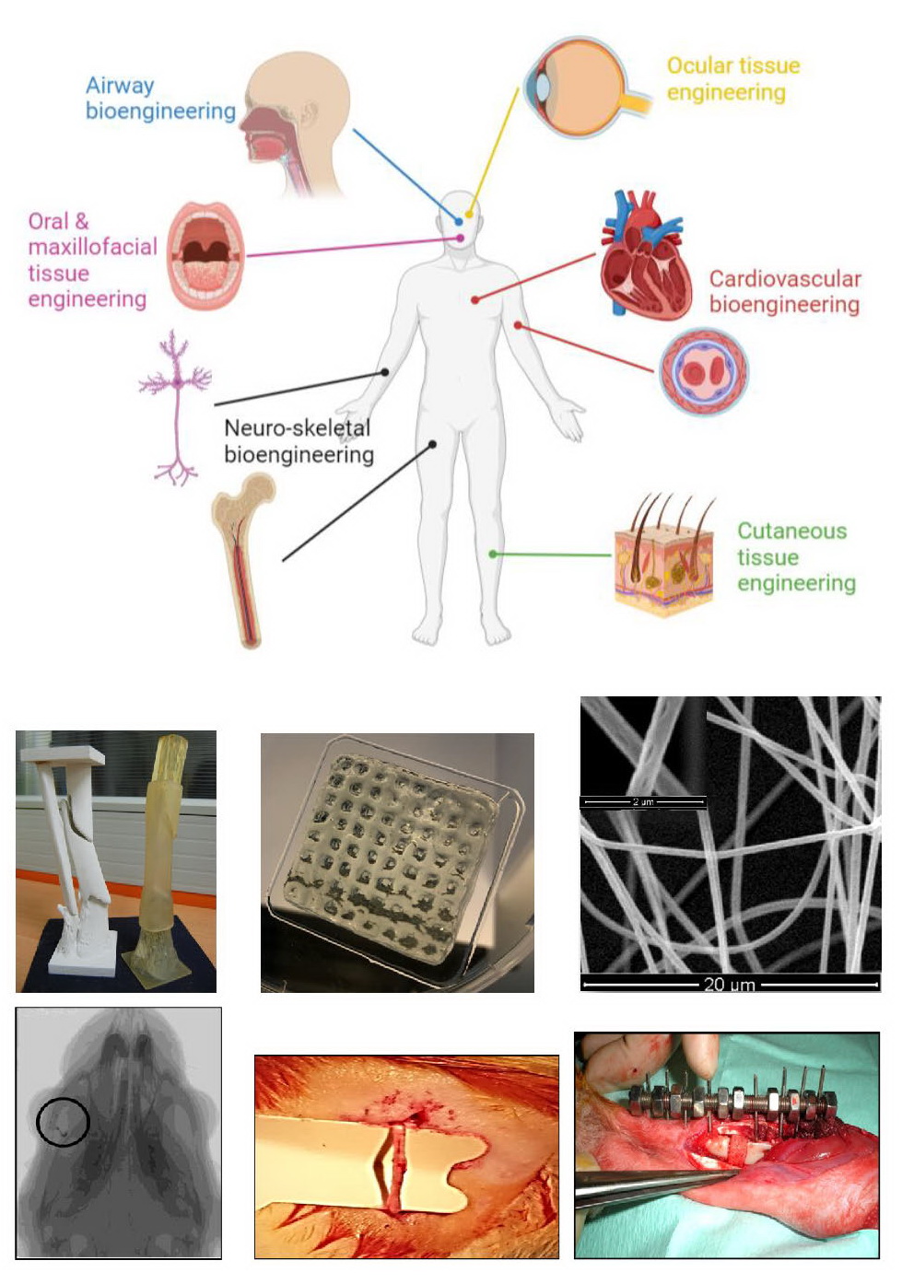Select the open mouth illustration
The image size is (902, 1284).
(x=205, y=255)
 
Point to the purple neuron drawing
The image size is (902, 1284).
(x=175, y=405)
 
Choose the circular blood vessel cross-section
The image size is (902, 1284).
(x=704, y=371)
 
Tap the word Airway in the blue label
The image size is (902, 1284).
(x=120, y=86)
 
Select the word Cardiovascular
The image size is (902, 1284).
(x=785, y=279)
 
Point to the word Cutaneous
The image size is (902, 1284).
(x=791, y=531)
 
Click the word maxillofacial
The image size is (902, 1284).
(x=92, y=247)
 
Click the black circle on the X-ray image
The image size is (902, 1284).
(x=63, y=1122)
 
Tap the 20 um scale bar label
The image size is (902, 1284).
(x=729, y=984)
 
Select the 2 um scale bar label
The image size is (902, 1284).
(x=642, y=802)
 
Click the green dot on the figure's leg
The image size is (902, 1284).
(x=493, y=554)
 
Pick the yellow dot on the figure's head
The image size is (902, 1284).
(x=470, y=215)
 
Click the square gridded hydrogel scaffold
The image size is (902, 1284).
(x=396, y=861)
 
